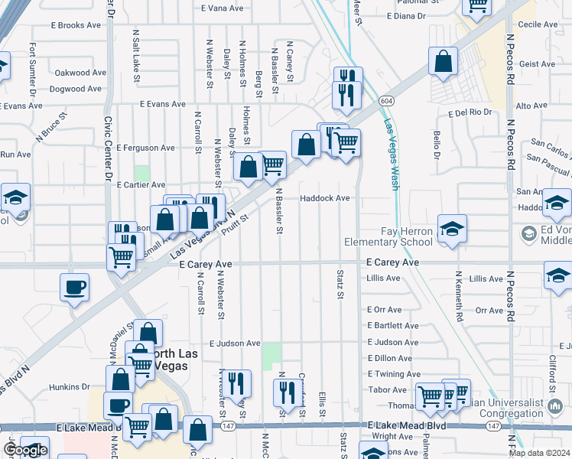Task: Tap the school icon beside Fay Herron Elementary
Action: (452, 229)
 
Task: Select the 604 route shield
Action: (386, 100)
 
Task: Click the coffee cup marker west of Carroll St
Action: (74, 288)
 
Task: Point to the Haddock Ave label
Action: (325, 198)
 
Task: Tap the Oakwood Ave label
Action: (80, 73)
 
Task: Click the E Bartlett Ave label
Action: (393, 325)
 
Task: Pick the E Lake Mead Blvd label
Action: (406, 425)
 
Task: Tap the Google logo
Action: (24, 450)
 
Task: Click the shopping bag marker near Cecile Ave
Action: (443, 62)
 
